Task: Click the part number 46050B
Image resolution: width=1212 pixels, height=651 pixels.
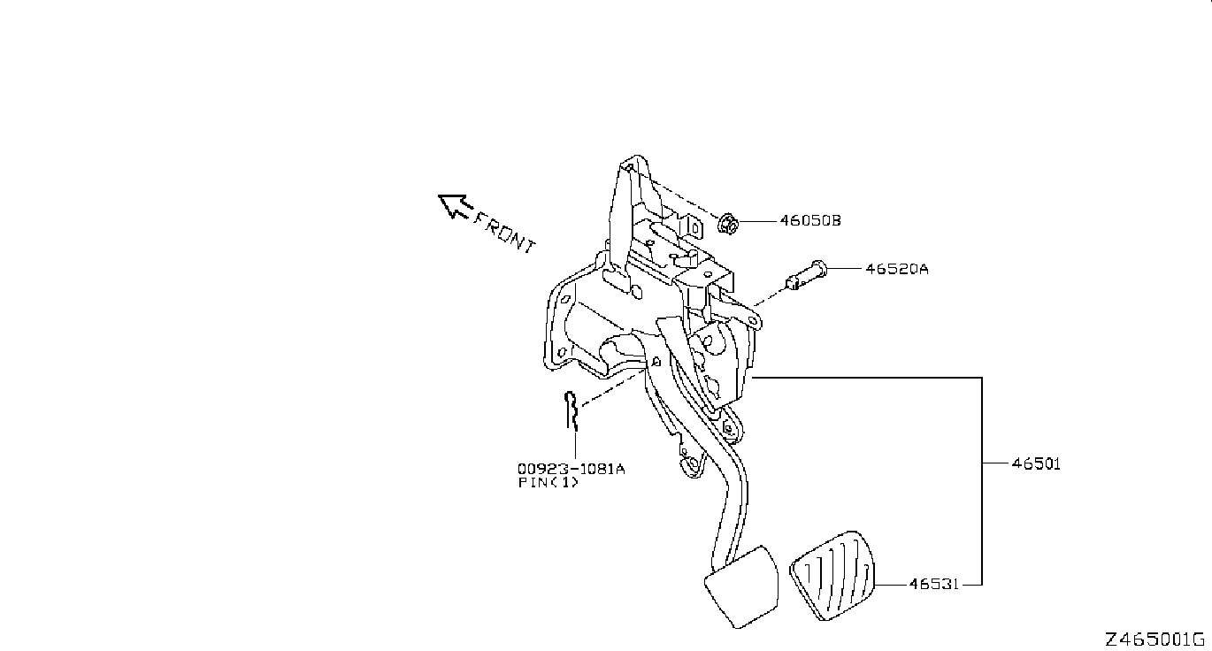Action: point(809,220)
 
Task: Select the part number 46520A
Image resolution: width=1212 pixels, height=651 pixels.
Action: point(897,268)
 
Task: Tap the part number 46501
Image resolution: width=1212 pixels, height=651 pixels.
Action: point(1036,463)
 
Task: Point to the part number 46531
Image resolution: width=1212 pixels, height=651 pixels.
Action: point(933,585)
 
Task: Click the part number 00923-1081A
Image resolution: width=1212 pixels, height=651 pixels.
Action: point(571,469)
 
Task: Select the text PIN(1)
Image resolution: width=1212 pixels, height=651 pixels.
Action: point(548,483)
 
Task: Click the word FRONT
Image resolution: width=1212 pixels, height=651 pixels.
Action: point(505,232)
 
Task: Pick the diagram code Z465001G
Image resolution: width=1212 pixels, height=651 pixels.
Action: point(1154,639)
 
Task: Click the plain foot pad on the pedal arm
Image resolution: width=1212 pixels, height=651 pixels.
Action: point(740,587)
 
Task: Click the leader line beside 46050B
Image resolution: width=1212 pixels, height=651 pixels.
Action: point(758,220)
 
